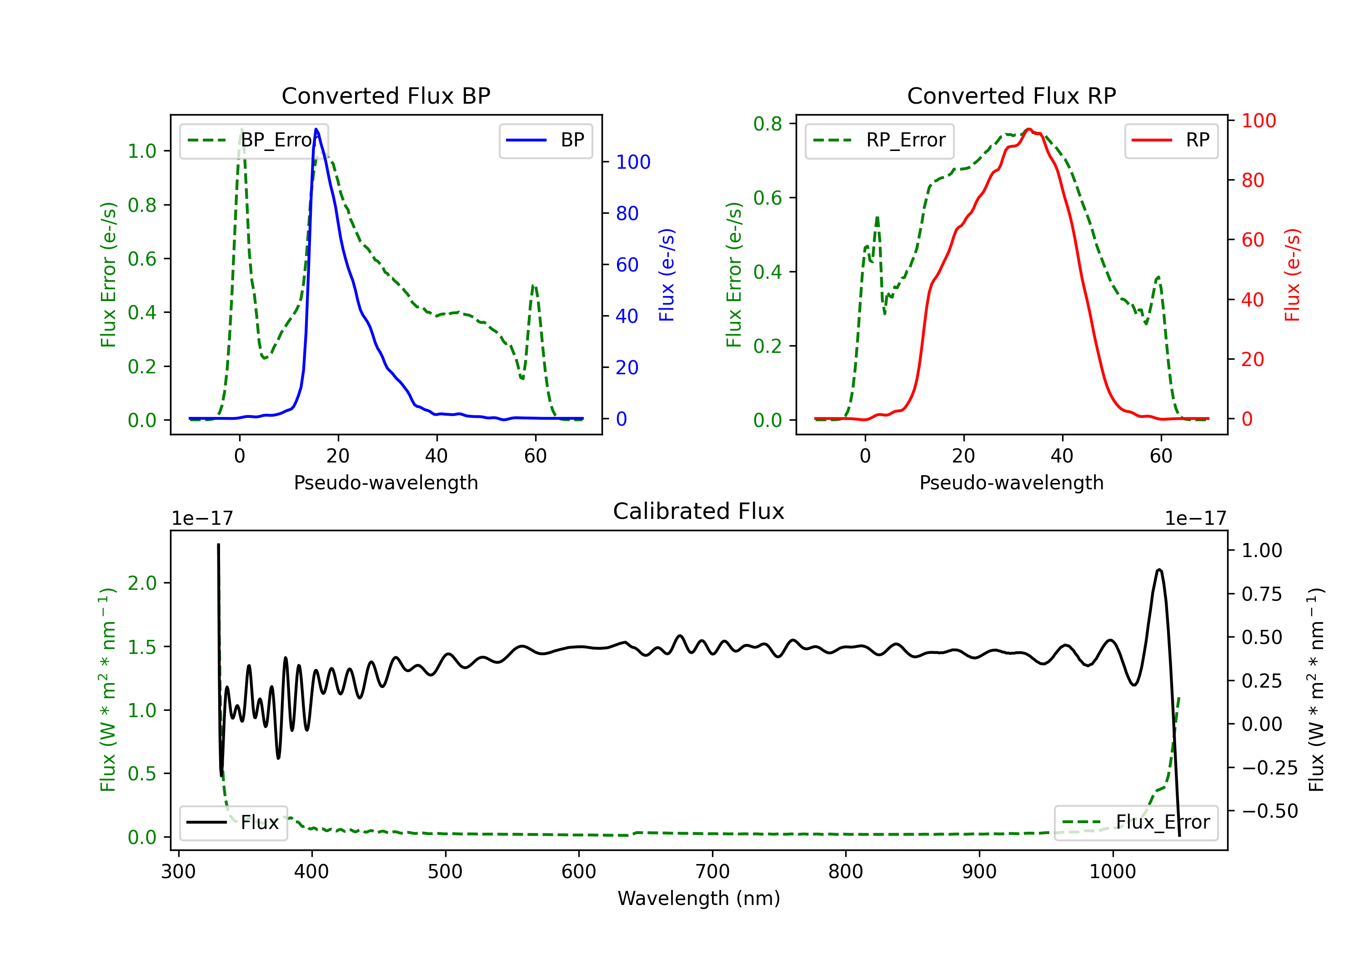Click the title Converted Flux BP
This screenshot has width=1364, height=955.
[386, 95]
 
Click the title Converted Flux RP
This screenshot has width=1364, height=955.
[1011, 95]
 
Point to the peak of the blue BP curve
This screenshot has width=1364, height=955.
[316, 130]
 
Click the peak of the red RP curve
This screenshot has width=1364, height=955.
[1029, 130]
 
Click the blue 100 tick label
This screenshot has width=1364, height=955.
[633, 162]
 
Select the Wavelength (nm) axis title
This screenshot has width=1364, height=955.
[699, 898]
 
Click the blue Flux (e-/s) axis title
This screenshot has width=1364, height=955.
[667, 275]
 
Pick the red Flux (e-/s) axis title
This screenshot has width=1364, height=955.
[1292, 275]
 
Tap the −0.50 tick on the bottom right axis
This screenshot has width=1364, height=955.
[1269, 810]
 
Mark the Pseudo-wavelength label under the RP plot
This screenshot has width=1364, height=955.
[1011, 483]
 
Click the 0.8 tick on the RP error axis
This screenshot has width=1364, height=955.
[767, 124]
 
